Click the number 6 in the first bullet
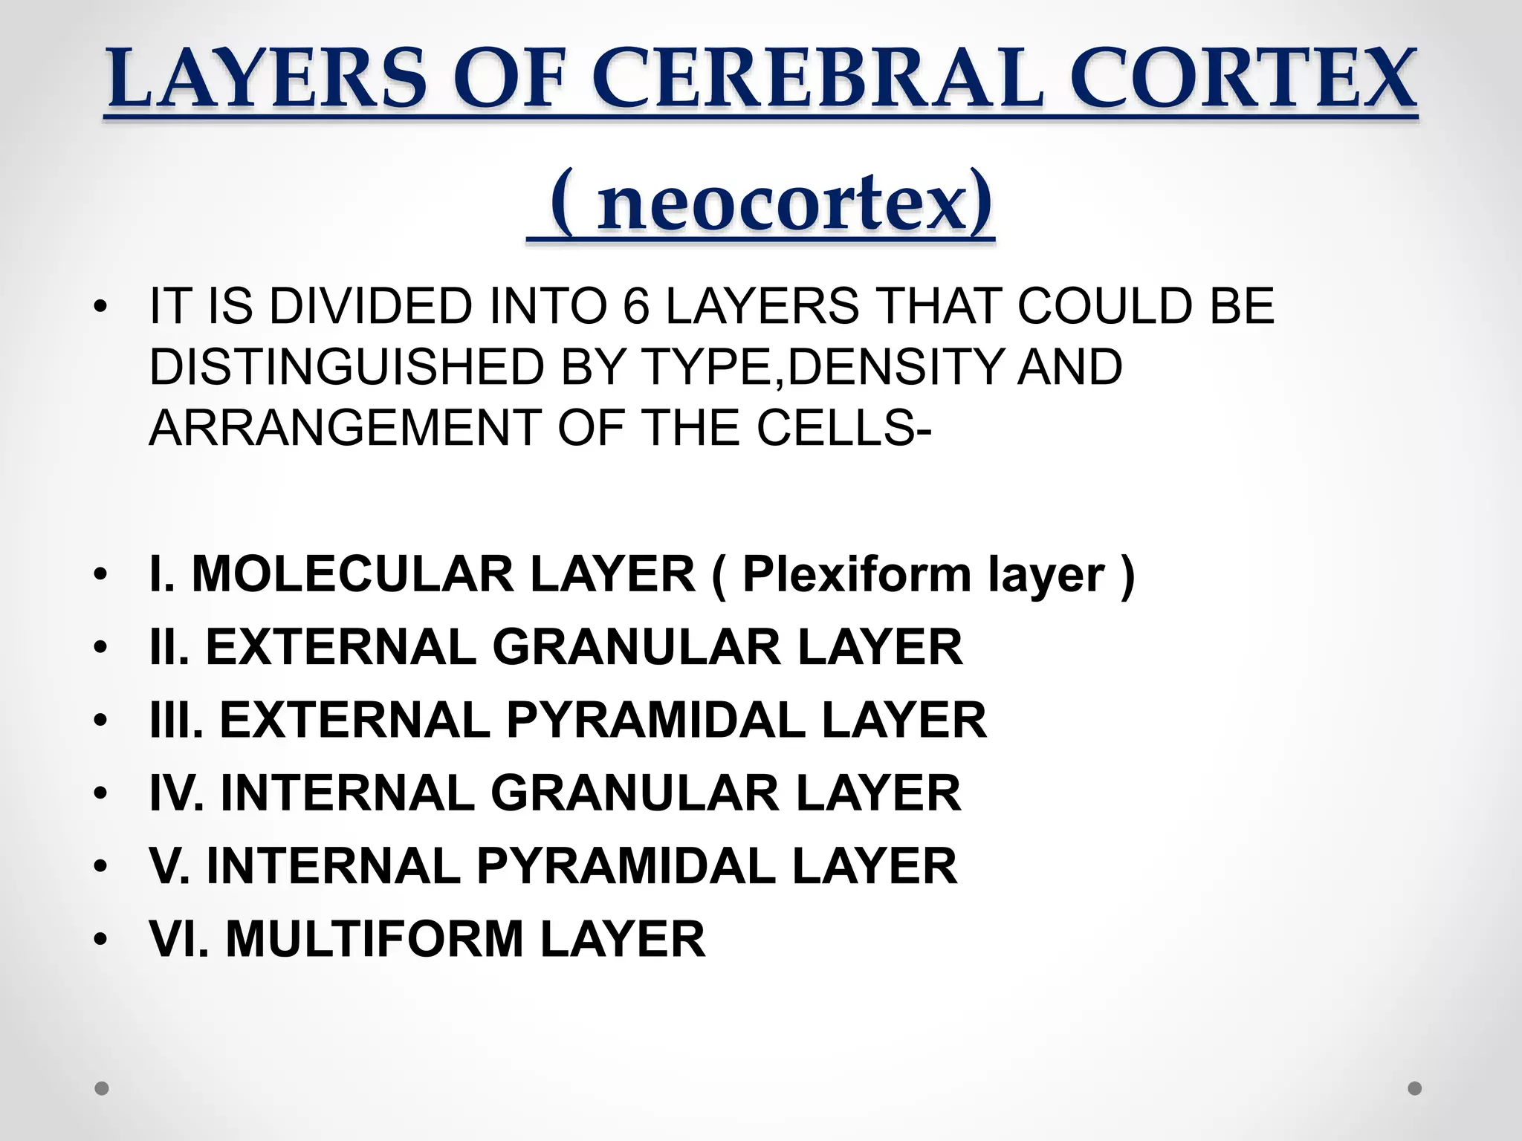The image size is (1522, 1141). pyautogui.click(x=635, y=306)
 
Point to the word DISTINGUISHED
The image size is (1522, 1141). pyautogui.click(x=346, y=367)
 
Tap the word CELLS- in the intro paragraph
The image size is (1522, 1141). pyautogui.click(x=843, y=428)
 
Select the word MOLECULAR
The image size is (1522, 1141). pyautogui.click(x=352, y=574)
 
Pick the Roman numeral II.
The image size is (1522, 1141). pyautogui.click(x=168, y=647)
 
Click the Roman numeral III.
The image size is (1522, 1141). pyautogui.click(x=175, y=720)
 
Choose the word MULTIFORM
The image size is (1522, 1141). pyautogui.click(x=375, y=938)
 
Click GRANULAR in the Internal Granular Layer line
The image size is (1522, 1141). pyautogui.click(x=635, y=793)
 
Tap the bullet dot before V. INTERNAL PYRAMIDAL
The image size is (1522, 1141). pyautogui.click(x=102, y=866)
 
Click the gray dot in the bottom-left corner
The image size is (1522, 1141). pyautogui.click(x=103, y=1088)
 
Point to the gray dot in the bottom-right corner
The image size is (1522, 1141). pyautogui.click(x=1414, y=1088)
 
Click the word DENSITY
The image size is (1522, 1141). pyautogui.click(x=892, y=367)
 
